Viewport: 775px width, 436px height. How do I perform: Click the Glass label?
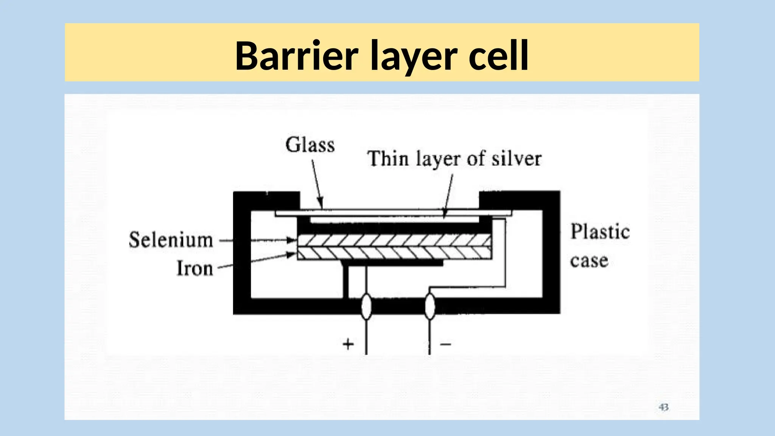point(310,145)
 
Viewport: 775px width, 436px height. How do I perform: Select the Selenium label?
point(171,240)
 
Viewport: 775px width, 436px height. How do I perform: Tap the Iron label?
point(195,268)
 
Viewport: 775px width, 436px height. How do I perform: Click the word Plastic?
point(600,232)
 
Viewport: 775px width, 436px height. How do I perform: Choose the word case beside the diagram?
point(589,261)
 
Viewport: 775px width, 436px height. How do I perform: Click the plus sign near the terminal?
point(348,344)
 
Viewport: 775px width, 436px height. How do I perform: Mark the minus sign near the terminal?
point(446,344)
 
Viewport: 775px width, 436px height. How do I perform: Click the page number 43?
point(663,407)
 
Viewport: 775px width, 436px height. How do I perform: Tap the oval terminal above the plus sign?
point(366,307)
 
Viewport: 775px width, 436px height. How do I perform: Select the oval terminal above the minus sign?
point(430,307)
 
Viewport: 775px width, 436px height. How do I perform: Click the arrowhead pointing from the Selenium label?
point(292,240)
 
